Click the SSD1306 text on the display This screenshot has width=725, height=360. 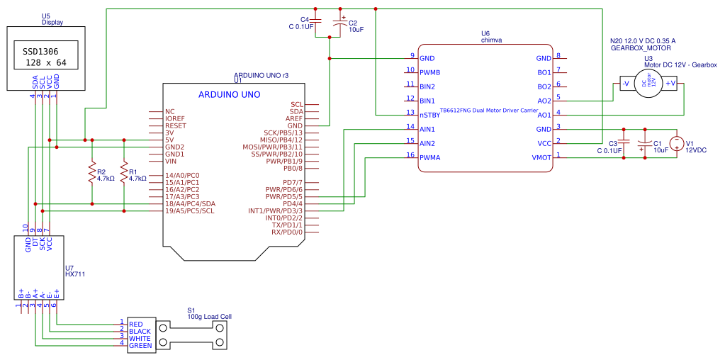pos(40,52)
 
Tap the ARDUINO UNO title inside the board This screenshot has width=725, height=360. pos(229,94)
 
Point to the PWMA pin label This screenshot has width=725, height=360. pos(429,157)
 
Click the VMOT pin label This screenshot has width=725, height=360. pos(541,157)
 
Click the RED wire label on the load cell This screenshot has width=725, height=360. pos(136,324)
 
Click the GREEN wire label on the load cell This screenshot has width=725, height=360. pos(140,345)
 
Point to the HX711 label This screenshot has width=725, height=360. pos(74,274)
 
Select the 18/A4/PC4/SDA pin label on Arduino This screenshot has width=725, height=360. pos(190,203)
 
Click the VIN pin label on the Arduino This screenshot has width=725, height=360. pos(171,161)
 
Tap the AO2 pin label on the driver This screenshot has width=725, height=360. pos(544,101)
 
